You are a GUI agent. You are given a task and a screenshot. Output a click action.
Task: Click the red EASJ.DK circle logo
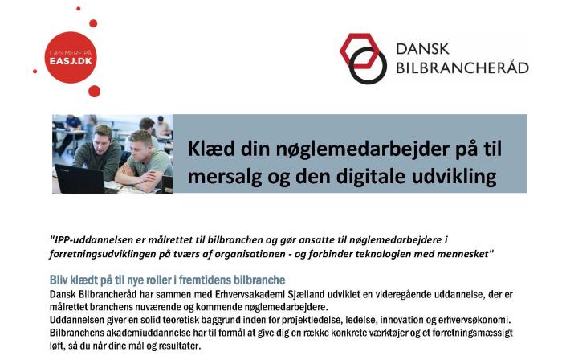[71, 55]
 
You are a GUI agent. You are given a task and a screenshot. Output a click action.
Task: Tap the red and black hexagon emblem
[361, 57]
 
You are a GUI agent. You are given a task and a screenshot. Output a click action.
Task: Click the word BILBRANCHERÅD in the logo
[462, 67]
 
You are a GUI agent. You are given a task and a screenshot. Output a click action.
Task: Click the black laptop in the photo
[80, 178]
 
